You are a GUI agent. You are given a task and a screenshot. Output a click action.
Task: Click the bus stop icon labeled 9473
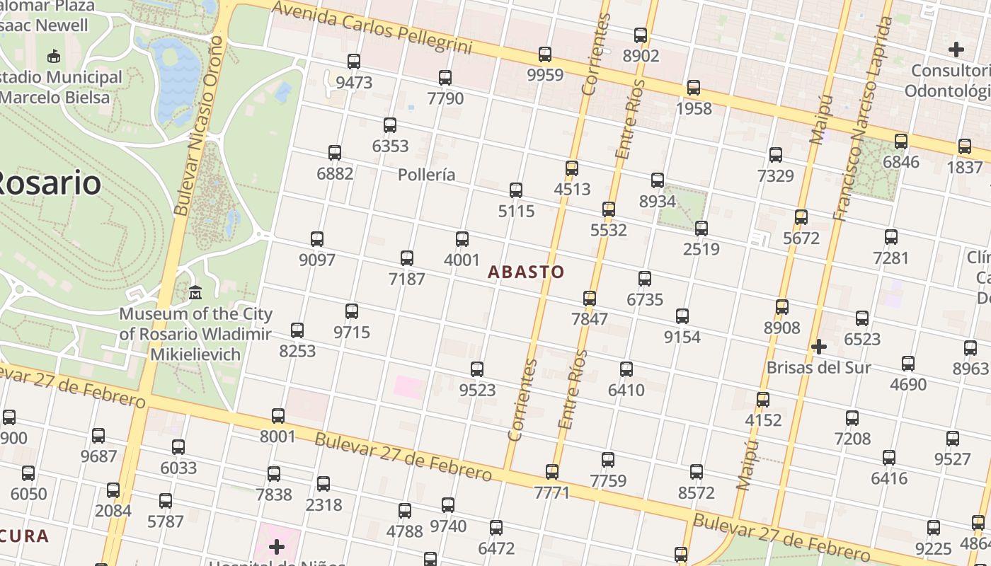point(354,62)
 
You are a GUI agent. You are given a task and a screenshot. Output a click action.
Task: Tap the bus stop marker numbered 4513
point(572,168)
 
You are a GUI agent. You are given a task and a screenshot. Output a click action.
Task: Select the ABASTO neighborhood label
point(526,272)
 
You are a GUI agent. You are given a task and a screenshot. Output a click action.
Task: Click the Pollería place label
point(426,175)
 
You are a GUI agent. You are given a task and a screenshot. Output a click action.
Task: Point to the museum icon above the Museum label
point(195,292)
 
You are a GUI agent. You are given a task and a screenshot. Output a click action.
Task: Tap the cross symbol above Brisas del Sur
point(819,347)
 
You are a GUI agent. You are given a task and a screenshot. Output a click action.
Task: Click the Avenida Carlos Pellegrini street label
point(372,28)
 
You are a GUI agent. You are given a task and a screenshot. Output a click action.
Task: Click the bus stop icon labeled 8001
point(278,416)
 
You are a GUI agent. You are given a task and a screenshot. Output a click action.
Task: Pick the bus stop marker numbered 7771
point(552,471)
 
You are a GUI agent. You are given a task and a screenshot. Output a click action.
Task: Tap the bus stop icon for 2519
point(701,229)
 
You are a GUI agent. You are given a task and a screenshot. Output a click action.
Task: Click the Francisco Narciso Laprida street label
point(861,119)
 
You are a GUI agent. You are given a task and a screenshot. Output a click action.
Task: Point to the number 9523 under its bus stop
point(477,390)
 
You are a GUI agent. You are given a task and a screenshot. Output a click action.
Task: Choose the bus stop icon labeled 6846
point(901,141)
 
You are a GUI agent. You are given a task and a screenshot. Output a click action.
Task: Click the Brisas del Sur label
point(819,368)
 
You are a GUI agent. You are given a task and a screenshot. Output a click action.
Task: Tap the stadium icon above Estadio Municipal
point(53,56)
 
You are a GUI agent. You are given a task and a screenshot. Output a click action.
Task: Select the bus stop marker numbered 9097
point(317,239)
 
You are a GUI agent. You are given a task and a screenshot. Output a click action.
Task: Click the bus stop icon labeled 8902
point(641,35)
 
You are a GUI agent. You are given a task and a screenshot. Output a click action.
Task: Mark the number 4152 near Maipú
point(763,420)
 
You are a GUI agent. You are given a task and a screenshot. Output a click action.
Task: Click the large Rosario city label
point(48,183)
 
